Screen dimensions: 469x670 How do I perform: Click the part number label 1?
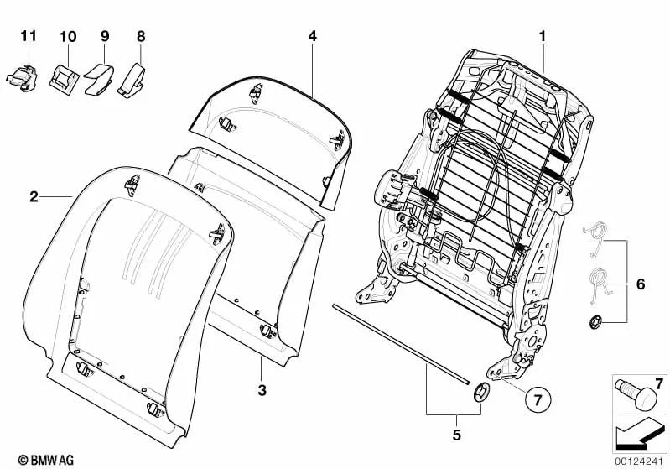click(542, 36)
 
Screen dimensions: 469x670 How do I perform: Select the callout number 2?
click(34, 197)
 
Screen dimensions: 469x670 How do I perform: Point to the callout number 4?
click(312, 36)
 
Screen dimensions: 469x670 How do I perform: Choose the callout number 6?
click(640, 284)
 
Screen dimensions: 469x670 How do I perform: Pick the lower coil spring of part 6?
click(599, 282)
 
